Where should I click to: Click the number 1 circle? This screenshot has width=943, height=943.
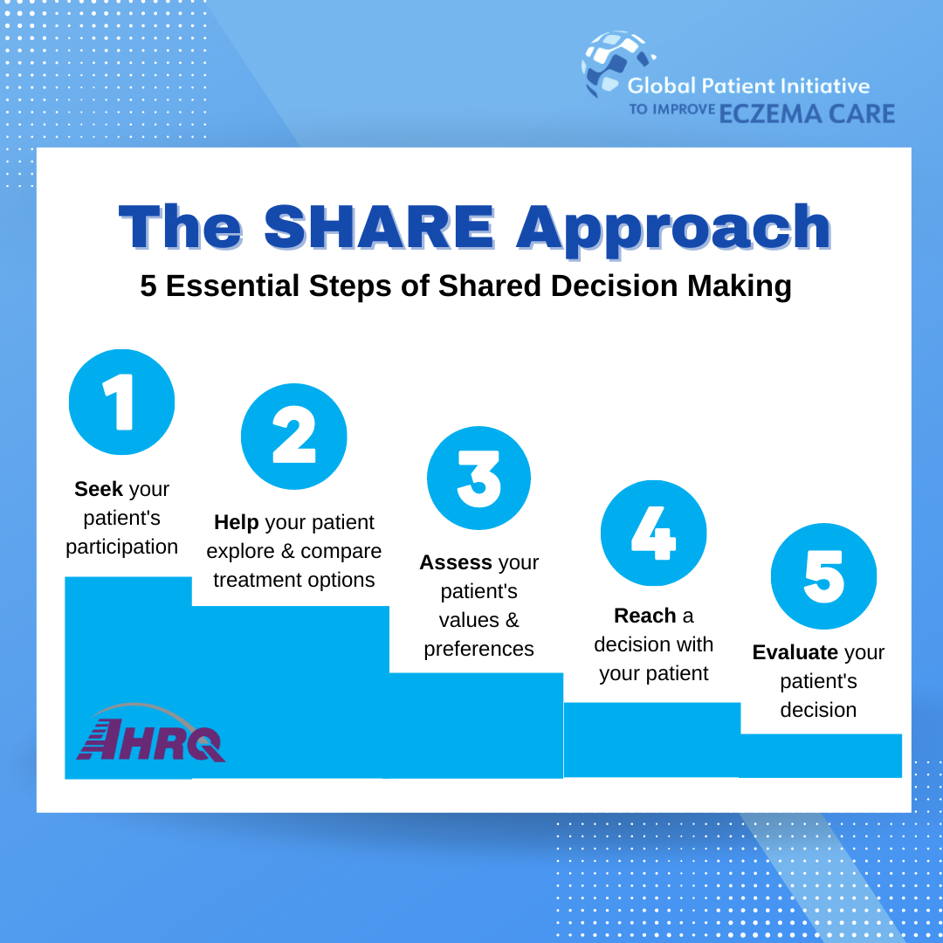121,402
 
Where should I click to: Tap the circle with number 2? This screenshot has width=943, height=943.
294,436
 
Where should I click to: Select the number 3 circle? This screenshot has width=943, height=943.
478,478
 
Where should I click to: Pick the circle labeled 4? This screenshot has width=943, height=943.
654,533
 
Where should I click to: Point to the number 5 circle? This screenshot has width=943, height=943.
824,576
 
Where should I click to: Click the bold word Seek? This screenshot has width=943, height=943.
99,489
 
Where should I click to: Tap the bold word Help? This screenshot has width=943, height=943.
237,522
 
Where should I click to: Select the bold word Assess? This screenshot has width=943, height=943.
456,562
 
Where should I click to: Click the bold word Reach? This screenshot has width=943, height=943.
645,616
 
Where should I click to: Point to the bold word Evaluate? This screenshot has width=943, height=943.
795,652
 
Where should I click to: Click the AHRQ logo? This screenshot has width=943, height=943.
151,733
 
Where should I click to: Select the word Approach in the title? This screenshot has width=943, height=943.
673,231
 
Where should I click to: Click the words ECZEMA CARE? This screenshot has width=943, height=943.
807,114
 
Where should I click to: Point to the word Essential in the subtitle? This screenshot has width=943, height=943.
233,286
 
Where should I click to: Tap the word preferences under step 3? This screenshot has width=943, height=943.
478,650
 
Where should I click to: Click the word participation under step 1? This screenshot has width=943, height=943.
121,547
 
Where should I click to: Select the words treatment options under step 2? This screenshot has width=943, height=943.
294,580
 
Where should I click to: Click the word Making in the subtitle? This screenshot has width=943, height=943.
740,287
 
